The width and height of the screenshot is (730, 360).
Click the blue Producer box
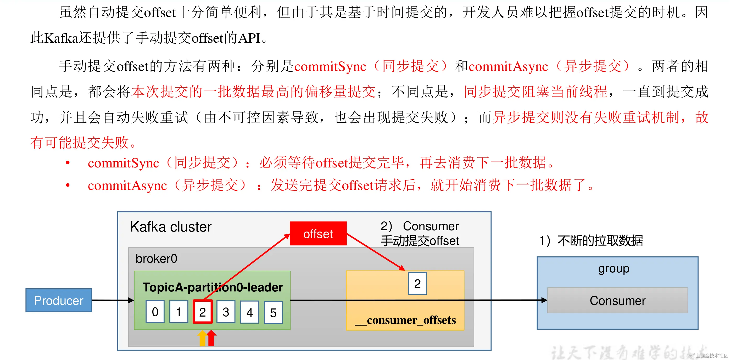coord(59,300)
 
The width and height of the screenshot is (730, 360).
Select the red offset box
coord(318,234)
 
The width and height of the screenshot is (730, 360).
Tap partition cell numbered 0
coord(155,312)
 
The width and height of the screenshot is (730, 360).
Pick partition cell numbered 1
coord(179,312)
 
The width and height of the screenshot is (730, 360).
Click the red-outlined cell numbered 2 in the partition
coord(202,312)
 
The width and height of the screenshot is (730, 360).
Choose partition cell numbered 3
coord(226,312)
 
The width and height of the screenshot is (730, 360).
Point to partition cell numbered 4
coord(249,312)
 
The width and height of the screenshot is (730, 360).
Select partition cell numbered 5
coord(273,312)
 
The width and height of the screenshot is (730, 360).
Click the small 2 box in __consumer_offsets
coord(417,284)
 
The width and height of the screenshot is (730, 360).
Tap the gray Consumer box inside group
coord(617,300)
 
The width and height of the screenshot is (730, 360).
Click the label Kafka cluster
coord(171,227)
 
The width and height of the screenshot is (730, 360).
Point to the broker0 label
coord(156,258)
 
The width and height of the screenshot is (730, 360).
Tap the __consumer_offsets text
coord(405,320)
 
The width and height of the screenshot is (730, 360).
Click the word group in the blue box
coord(614,269)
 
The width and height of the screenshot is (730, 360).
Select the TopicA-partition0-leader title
coord(213,287)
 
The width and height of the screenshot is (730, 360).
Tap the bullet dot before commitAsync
coord(68,185)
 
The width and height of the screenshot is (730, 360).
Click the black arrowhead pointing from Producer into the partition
coord(131,300)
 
